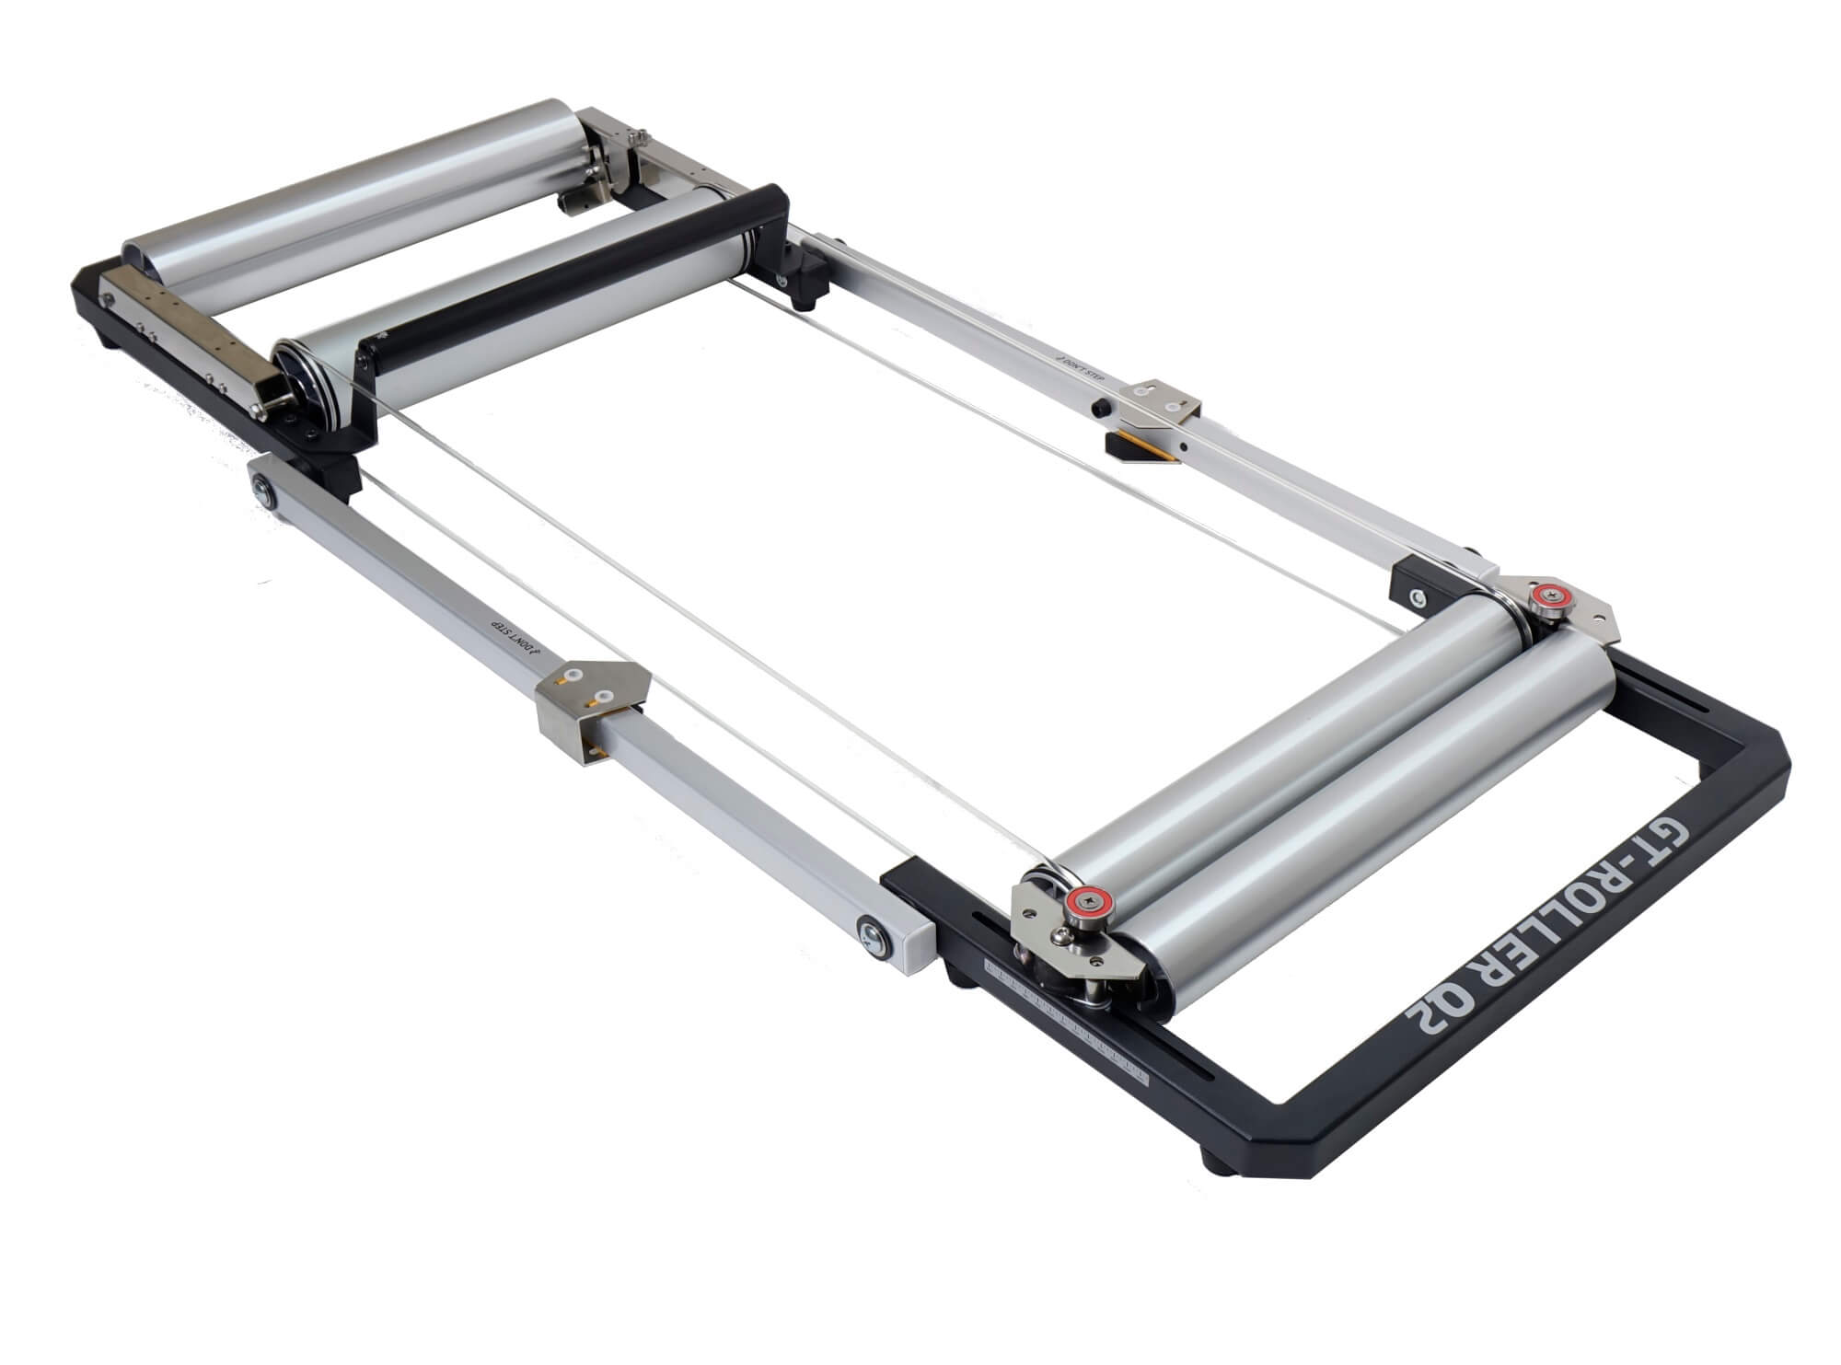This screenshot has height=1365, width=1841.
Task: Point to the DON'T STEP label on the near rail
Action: point(515,636)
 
